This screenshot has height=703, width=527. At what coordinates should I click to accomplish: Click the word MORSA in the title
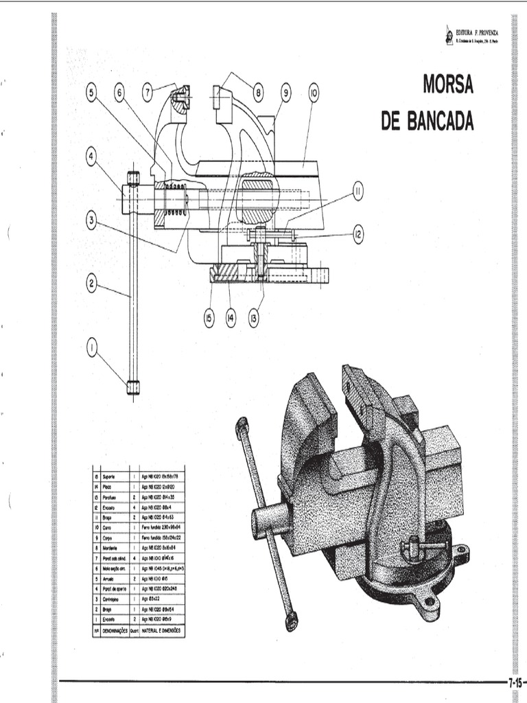point(448,85)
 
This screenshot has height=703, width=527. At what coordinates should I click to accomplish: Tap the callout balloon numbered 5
point(92,94)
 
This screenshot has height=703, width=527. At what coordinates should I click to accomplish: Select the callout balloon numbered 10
point(313,93)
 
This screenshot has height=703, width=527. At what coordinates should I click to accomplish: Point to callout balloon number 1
point(92,347)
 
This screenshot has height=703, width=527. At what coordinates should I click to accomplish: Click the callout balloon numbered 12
point(358,234)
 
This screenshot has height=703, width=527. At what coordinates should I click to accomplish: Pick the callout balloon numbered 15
point(209,316)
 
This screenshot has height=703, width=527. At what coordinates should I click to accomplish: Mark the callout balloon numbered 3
point(92,220)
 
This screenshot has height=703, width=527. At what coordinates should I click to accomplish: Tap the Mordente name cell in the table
point(111,549)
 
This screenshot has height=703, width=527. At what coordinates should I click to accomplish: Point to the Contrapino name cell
point(113,599)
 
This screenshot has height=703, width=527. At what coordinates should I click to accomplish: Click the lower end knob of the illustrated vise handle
point(292,622)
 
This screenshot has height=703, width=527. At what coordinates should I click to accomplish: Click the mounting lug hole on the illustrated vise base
point(431,602)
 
